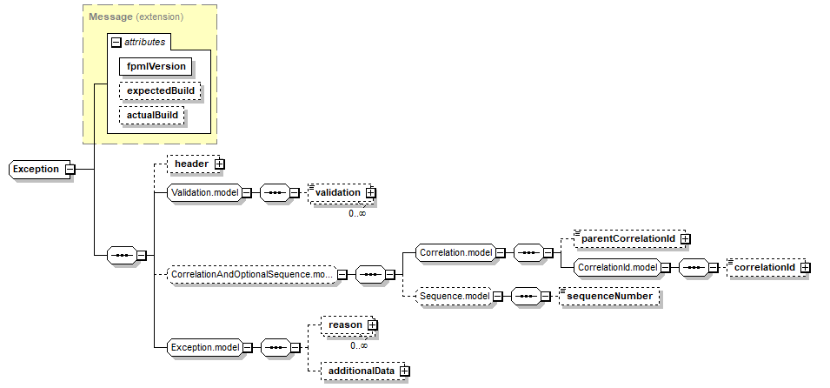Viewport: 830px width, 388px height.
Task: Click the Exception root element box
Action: point(37,169)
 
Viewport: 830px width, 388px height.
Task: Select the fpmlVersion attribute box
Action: point(156,65)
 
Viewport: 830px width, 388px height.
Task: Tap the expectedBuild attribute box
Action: point(160,90)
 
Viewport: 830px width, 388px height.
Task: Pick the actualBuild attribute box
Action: point(152,115)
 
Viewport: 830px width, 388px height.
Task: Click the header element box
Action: point(191,163)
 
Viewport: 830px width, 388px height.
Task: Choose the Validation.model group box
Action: point(203,192)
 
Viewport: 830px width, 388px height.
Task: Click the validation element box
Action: point(338,192)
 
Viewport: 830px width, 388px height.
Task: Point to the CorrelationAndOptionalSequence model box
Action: point(250,275)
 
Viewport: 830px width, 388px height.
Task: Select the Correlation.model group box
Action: point(455,253)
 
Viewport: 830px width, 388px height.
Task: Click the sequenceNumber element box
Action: point(611,297)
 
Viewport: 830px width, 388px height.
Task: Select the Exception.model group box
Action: point(203,347)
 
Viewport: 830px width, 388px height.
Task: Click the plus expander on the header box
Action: point(220,163)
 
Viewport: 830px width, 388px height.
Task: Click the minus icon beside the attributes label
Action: point(115,41)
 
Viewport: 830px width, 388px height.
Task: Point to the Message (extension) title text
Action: point(135,17)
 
